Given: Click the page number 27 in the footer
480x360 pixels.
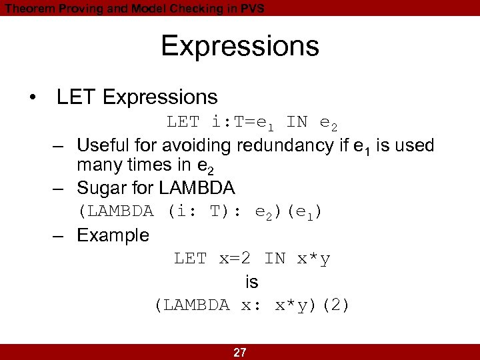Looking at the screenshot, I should pos(240,353).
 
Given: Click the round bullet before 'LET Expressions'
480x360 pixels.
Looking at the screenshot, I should pos(33,98).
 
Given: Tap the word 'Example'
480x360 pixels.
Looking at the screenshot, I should pos(113,235).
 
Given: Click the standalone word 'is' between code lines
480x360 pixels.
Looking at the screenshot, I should pos(251,282).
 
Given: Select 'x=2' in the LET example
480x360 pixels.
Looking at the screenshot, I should pos(237,259).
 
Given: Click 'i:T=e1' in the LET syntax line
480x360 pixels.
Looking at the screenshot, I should pos(241,123).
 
